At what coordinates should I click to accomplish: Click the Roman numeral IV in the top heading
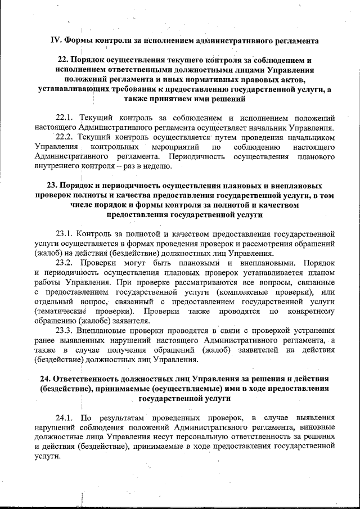[x=55, y=40]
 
